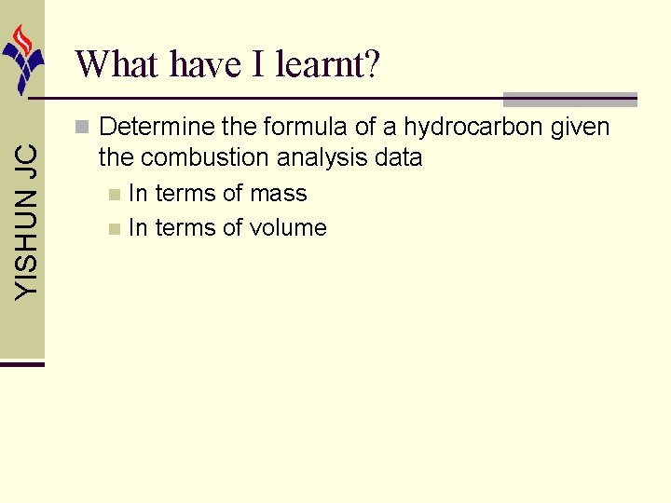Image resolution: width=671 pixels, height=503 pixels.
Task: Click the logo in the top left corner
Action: click(22, 58)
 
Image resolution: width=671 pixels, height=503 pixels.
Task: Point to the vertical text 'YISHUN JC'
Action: click(29, 221)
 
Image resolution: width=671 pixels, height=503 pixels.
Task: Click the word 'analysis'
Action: click(320, 158)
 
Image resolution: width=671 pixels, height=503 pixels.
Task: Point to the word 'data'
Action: click(398, 158)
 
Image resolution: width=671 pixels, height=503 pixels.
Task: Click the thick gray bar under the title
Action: click(569, 99)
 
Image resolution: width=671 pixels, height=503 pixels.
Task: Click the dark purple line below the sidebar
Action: click(22, 363)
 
